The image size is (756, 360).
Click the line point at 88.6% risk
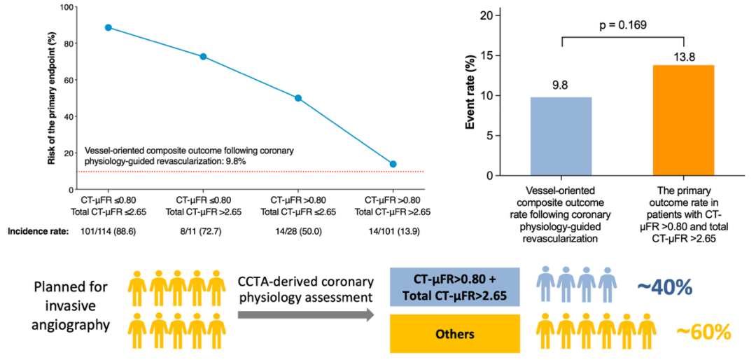108,27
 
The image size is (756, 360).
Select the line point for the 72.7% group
203,57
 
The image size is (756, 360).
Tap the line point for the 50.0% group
298,98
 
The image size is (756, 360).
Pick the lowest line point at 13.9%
393,164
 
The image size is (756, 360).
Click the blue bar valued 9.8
561,136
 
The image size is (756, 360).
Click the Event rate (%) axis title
472,95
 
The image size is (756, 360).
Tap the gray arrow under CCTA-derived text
305,316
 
